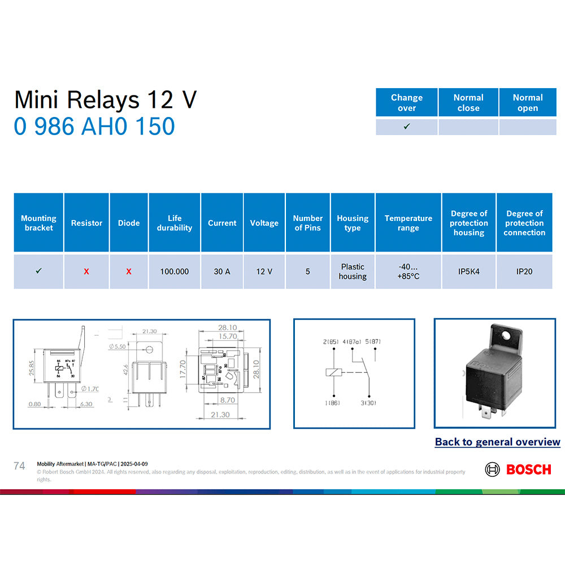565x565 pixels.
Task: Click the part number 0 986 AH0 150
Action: point(94,126)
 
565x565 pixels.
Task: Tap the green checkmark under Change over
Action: point(407,127)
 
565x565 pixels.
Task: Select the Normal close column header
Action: point(468,102)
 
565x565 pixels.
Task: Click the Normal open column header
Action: point(528,102)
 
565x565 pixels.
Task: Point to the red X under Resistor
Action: point(86,272)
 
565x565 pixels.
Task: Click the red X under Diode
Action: point(129,272)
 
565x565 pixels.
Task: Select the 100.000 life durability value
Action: point(174,272)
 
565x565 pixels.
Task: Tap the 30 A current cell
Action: point(222,272)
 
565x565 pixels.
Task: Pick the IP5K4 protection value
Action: point(469,272)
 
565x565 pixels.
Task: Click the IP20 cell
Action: point(524,272)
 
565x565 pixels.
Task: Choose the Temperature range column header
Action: point(408,223)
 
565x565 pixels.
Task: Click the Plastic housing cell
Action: point(353,272)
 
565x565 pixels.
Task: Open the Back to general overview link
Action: point(497,442)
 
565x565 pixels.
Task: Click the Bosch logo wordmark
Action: point(528,470)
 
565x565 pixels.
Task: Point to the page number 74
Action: point(19,466)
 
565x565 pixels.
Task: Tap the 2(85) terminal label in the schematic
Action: point(330,342)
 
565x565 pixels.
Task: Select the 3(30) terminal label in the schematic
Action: point(369,402)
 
